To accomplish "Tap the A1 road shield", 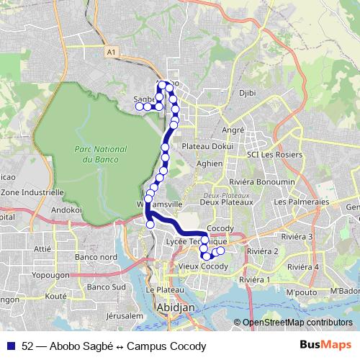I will [x=110, y=53].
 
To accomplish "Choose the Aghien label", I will [x=210, y=163].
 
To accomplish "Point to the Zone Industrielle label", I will [x=32, y=193].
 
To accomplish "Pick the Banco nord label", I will [x=96, y=257].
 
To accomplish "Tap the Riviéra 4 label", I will [x=302, y=267].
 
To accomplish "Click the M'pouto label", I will [x=302, y=293].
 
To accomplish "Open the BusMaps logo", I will [x=320, y=345].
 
